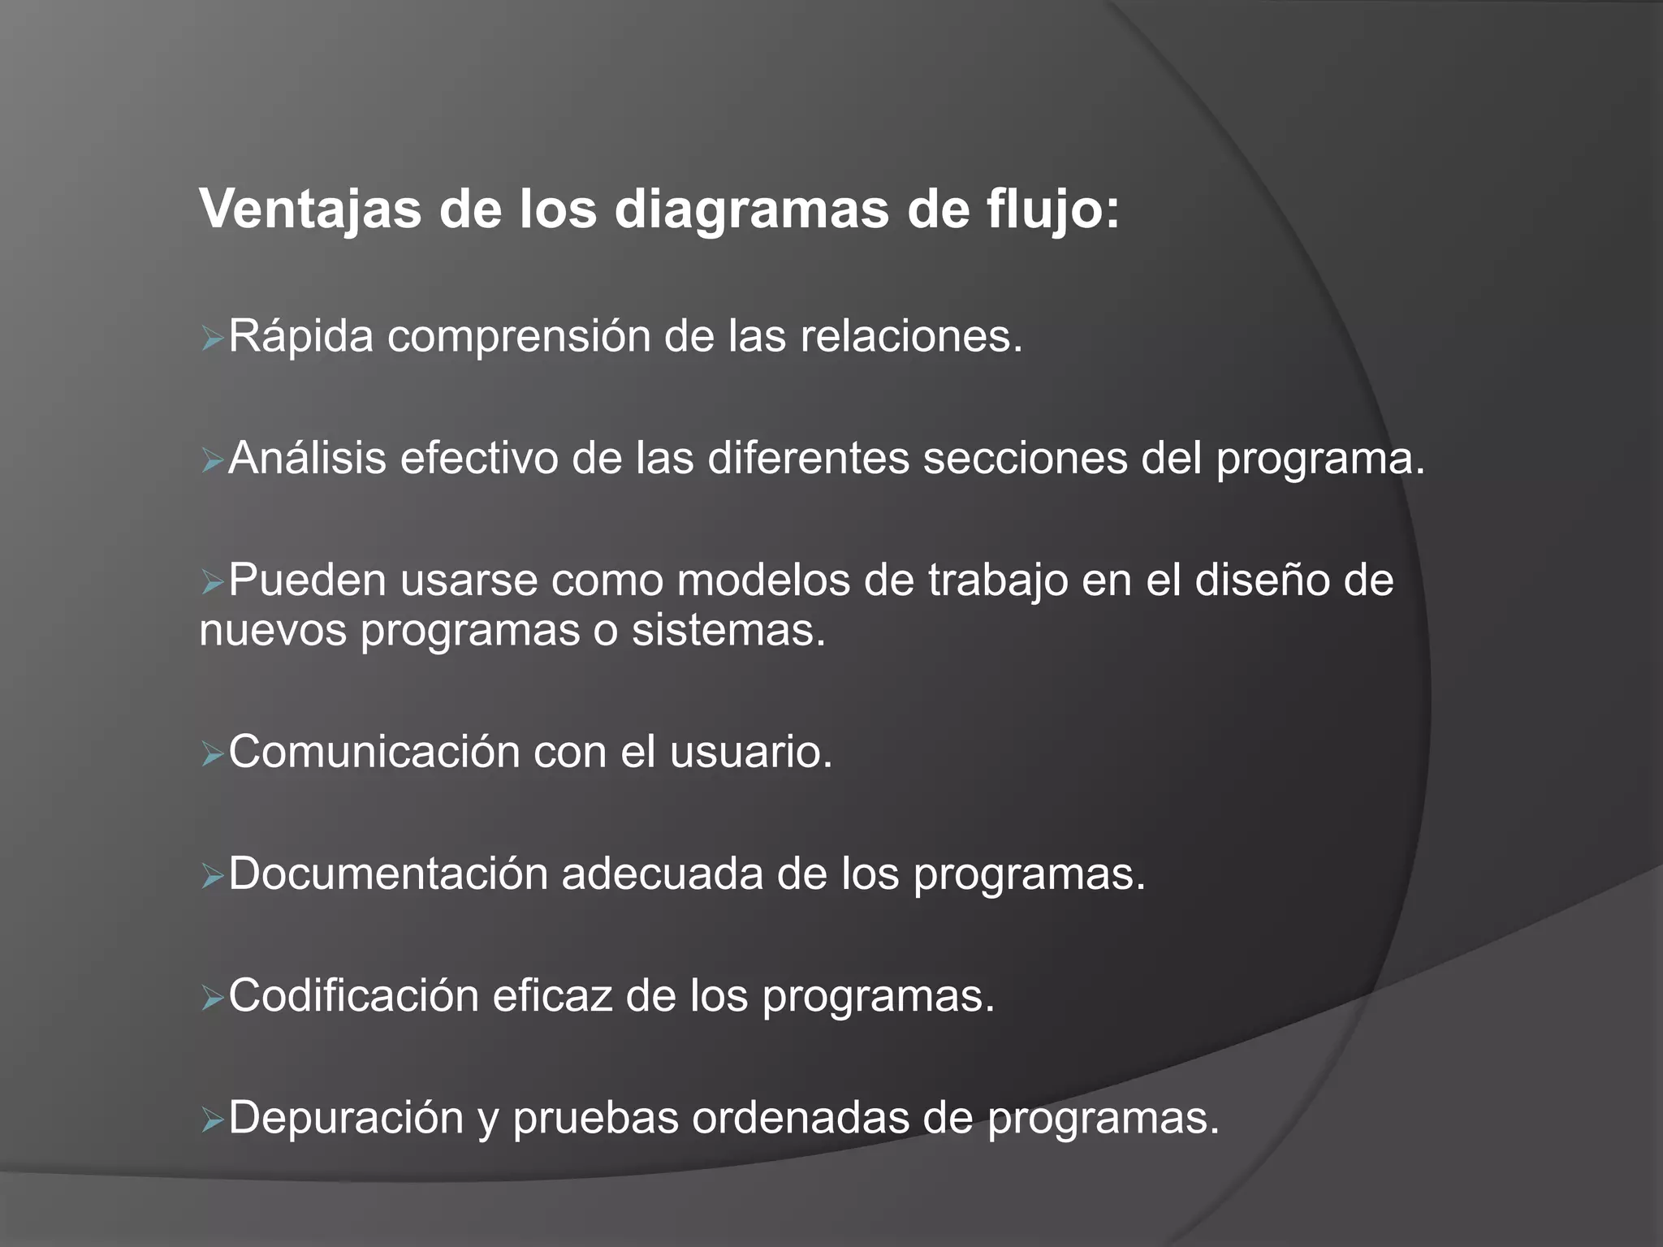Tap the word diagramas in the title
pos(751,210)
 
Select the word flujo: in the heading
pos(1053,210)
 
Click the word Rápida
pos(300,336)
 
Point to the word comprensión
pos(519,336)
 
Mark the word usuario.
pos(751,752)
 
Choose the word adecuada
pos(662,874)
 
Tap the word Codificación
pos(353,996)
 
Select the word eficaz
pos(551,996)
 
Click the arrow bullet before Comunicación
pos(211,755)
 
